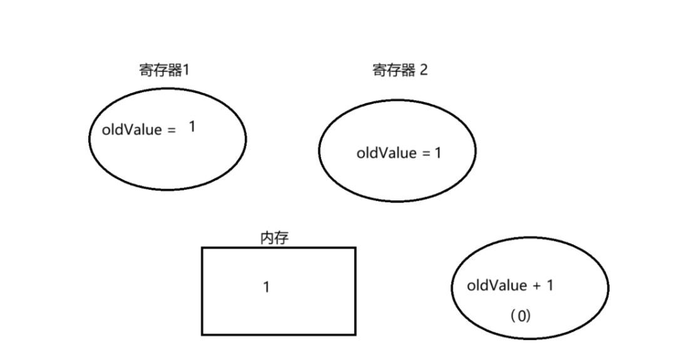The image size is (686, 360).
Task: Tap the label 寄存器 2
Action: click(400, 69)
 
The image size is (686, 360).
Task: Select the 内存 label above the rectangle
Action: click(274, 238)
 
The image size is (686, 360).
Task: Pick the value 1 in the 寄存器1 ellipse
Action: click(192, 126)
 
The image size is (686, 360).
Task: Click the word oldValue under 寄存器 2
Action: click(386, 153)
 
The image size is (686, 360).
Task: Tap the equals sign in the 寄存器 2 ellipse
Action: click(426, 153)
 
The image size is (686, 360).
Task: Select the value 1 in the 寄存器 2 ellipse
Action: click(438, 153)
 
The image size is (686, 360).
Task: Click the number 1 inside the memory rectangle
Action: click(266, 289)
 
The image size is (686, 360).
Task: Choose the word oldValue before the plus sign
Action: click(497, 285)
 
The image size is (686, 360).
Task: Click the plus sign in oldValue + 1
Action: click(536, 286)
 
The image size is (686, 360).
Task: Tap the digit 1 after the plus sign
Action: click(550, 285)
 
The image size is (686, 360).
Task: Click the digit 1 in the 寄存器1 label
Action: click(185, 69)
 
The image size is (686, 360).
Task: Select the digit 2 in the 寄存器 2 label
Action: click(424, 69)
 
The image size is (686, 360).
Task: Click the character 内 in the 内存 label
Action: click(266, 238)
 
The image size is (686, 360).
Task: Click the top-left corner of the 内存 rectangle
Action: click(202, 248)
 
